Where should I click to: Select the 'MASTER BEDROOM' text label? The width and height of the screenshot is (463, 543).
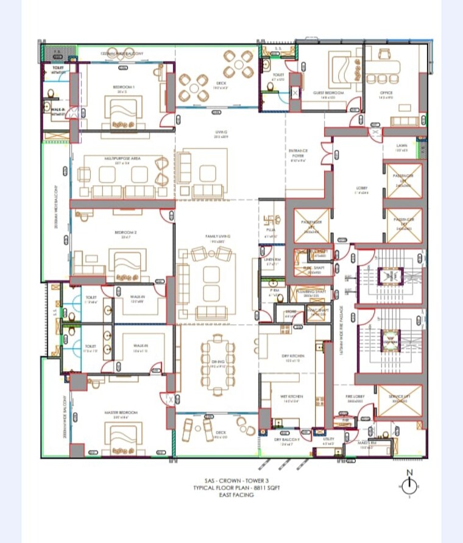pyautogui.click(x=121, y=413)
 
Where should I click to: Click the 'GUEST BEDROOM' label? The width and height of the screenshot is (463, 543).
pyautogui.click(x=328, y=93)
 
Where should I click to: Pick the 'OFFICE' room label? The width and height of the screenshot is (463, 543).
pyautogui.click(x=386, y=93)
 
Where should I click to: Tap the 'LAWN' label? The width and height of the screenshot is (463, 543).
pyautogui.click(x=401, y=146)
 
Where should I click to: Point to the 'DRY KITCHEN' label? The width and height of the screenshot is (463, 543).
pyautogui.click(x=293, y=356)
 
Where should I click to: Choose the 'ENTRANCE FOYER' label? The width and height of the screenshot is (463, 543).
pyautogui.click(x=298, y=152)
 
